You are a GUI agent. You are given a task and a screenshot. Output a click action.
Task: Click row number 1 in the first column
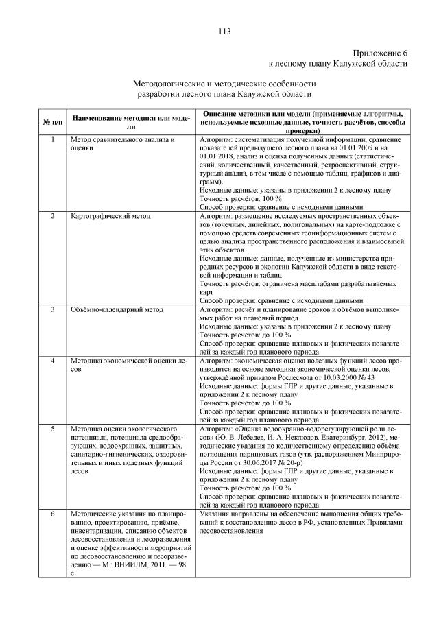(x=53, y=139)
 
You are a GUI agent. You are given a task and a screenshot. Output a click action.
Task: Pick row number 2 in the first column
(x=53, y=216)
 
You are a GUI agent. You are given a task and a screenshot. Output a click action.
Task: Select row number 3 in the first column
(x=53, y=309)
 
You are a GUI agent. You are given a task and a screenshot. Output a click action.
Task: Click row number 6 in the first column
(x=53, y=512)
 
